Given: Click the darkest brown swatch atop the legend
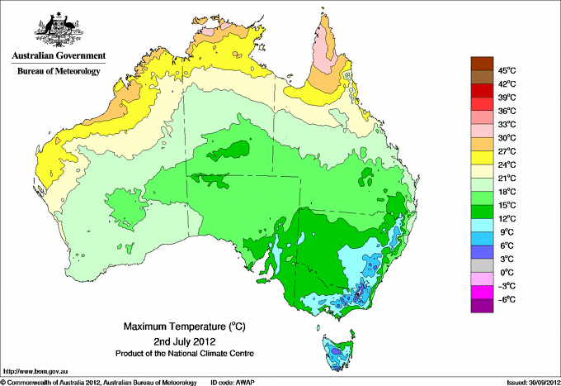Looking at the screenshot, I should (481, 64).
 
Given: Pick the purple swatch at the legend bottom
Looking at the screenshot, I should (481, 306).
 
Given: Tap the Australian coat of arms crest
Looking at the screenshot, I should (57, 30).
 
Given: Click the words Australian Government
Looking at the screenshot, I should (58, 56).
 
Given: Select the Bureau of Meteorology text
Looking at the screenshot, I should (58, 71).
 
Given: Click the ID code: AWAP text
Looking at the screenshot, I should (233, 381).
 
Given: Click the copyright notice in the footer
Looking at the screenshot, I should (99, 381).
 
